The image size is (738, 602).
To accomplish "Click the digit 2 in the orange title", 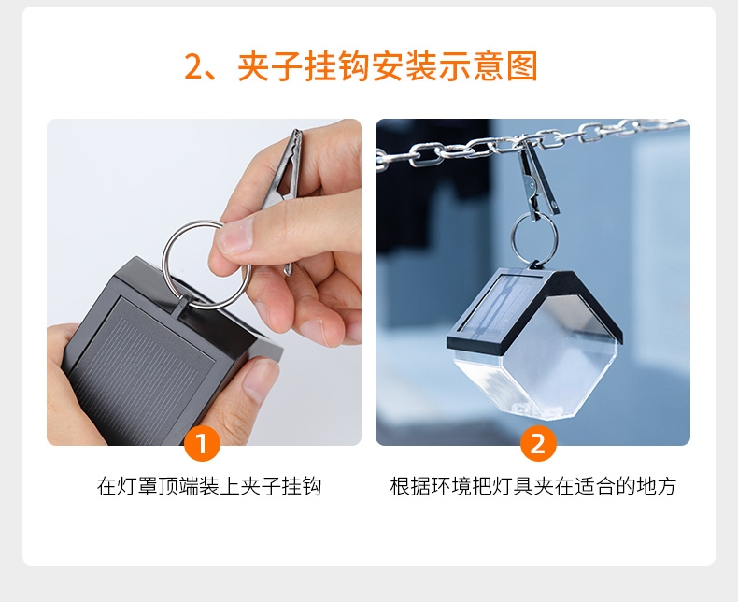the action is tap(192, 66).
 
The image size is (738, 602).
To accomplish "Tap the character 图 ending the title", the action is tap(522, 66).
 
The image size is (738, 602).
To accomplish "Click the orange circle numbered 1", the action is tap(202, 444).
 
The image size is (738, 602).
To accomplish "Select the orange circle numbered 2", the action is tap(538, 444).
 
